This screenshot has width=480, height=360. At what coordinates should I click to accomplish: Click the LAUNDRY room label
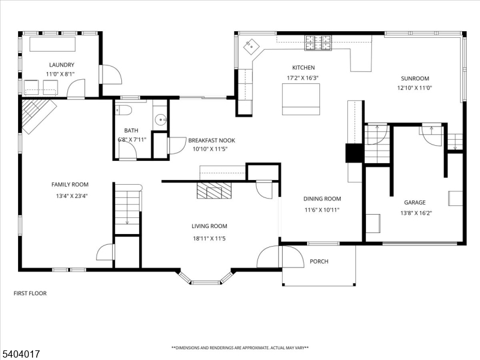point(62,65)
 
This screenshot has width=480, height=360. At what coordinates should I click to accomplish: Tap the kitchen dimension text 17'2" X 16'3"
point(302,78)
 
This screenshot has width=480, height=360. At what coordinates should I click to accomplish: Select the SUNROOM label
point(415,79)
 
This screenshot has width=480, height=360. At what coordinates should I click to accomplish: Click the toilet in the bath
point(124,110)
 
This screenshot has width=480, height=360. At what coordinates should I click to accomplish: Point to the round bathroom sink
point(160,119)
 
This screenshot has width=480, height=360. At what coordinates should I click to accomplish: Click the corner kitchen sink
point(251,47)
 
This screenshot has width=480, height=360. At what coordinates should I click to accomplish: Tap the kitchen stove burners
point(318,43)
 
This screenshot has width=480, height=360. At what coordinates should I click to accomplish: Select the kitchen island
point(301,99)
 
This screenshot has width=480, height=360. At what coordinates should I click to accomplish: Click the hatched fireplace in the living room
point(214,190)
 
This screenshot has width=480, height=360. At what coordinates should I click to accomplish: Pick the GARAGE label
point(415,202)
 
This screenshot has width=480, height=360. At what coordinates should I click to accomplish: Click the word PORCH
point(319,262)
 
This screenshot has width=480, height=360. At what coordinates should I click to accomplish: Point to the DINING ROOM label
point(322,199)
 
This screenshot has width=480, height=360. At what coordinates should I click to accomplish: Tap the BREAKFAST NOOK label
point(212,140)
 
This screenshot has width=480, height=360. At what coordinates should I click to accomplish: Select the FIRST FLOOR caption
point(30,293)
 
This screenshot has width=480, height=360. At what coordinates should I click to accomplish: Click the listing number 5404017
point(20,354)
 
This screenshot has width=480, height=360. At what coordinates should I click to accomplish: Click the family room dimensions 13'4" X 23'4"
point(71,196)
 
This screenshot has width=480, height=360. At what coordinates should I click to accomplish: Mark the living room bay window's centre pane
point(206,282)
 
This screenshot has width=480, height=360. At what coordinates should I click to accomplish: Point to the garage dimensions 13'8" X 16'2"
point(416,213)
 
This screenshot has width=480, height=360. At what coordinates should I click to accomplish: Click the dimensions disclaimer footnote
point(240,348)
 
